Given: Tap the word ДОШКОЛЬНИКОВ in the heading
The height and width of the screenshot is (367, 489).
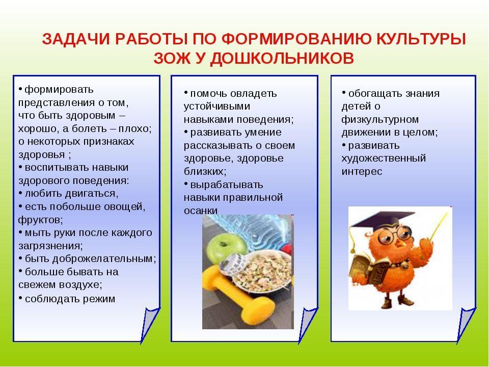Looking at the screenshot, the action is click(282, 58).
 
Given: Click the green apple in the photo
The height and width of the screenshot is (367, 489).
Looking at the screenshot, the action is click(223, 248).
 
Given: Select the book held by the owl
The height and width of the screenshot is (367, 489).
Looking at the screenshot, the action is click(370, 269).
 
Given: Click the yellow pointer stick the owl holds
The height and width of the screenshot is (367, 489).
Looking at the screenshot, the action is click(438, 226).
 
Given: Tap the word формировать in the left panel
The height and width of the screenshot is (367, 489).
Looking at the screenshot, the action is click(59, 90).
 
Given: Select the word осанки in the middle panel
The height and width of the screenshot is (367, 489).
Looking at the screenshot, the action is click(201, 211).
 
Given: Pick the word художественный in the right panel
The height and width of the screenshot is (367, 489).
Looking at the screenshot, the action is click(384, 159).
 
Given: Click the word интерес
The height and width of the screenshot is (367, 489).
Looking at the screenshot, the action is click(362, 172).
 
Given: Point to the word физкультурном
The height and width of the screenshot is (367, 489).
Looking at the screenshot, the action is click(380, 119).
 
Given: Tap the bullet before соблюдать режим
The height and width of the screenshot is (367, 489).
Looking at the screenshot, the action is click(20, 298).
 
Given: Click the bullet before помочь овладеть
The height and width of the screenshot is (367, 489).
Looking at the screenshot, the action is click(186, 92).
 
